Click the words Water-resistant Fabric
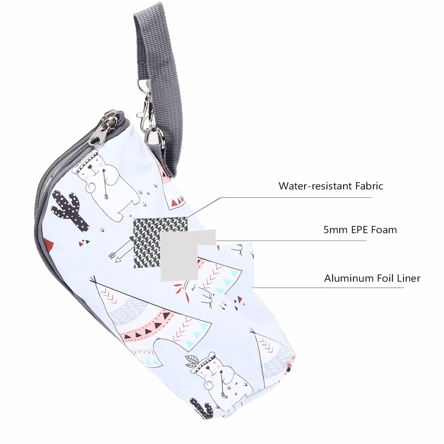[331, 186]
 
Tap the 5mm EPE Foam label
[360, 229]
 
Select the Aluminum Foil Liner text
[372, 278]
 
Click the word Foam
[384, 229]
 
